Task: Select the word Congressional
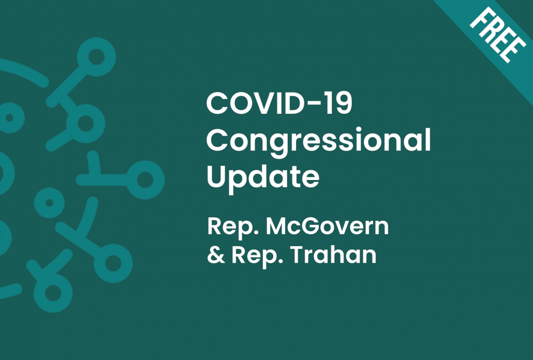(319, 141)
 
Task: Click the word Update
(263, 177)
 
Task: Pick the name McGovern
(327, 226)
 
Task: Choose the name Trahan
(333, 254)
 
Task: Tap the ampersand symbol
(216, 254)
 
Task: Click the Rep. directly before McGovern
(233, 227)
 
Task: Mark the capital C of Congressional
(216, 140)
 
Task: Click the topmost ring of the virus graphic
(96, 57)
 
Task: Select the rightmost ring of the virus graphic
(145, 180)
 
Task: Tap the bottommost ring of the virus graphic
(53, 293)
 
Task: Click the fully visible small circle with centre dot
(49, 203)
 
